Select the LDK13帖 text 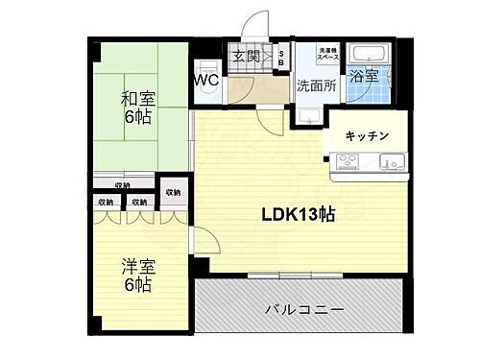(x=299, y=215)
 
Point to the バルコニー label (x=303, y=309)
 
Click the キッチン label (x=367, y=136)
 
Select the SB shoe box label (x=280, y=58)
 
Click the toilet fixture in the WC (x=204, y=67)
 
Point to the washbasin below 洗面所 (x=309, y=116)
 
